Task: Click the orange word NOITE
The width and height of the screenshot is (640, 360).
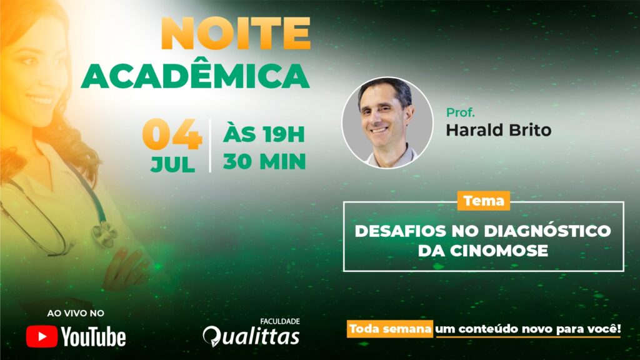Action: tap(236, 34)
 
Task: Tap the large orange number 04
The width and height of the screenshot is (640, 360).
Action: tap(172, 134)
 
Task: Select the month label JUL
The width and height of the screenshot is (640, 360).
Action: tap(172, 164)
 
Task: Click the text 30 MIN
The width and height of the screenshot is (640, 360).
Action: tap(264, 161)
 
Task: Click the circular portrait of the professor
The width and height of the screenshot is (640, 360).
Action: tap(387, 123)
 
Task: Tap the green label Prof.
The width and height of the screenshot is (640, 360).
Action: tap(461, 112)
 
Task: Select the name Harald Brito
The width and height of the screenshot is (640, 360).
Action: tap(498, 130)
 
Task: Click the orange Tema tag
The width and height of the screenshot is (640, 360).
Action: tap(484, 201)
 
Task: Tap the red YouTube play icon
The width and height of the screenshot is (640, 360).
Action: tap(42, 337)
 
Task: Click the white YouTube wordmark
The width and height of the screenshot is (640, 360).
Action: tap(94, 337)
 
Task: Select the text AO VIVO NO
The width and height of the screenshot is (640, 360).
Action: tap(76, 314)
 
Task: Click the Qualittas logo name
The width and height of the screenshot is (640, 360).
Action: tap(251, 337)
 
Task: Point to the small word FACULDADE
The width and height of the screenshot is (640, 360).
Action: tap(280, 322)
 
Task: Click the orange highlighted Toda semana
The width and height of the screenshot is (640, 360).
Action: tap(390, 329)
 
